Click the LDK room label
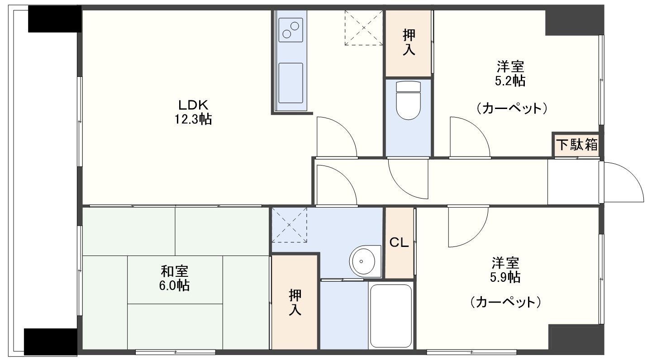(193, 104)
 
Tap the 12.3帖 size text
(193, 119)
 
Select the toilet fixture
(409, 100)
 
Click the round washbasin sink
(362, 261)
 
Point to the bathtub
(390, 316)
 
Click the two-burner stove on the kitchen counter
(290, 30)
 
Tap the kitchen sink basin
(290, 83)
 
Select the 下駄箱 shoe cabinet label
(577, 145)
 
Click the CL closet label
(399, 242)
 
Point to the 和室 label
(175, 271)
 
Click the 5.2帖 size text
(510, 81)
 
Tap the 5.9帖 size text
(505, 277)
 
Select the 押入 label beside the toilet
(409, 43)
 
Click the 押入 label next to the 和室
(295, 303)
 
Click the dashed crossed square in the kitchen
(364, 28)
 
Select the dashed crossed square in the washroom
(289, 225)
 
